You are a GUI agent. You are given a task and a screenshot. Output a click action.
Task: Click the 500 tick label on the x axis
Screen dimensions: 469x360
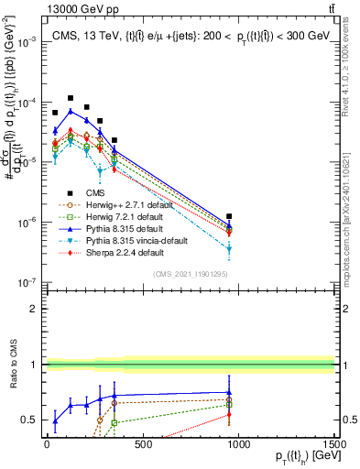143,444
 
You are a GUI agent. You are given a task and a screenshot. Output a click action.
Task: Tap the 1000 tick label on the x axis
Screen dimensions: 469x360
239,444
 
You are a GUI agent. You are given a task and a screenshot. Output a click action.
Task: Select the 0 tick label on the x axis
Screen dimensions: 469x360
47,444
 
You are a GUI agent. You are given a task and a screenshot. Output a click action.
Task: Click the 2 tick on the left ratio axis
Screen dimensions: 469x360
32,309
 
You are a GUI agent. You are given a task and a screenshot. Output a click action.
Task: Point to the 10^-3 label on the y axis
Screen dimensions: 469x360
25,42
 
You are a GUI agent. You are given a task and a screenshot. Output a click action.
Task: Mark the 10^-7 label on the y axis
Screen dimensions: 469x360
25,283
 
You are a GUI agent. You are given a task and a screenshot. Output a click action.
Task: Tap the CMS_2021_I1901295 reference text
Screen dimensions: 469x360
190,275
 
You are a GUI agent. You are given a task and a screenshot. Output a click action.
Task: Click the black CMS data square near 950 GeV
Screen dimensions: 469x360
229,217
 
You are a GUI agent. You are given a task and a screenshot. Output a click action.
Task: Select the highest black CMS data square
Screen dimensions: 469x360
71,98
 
